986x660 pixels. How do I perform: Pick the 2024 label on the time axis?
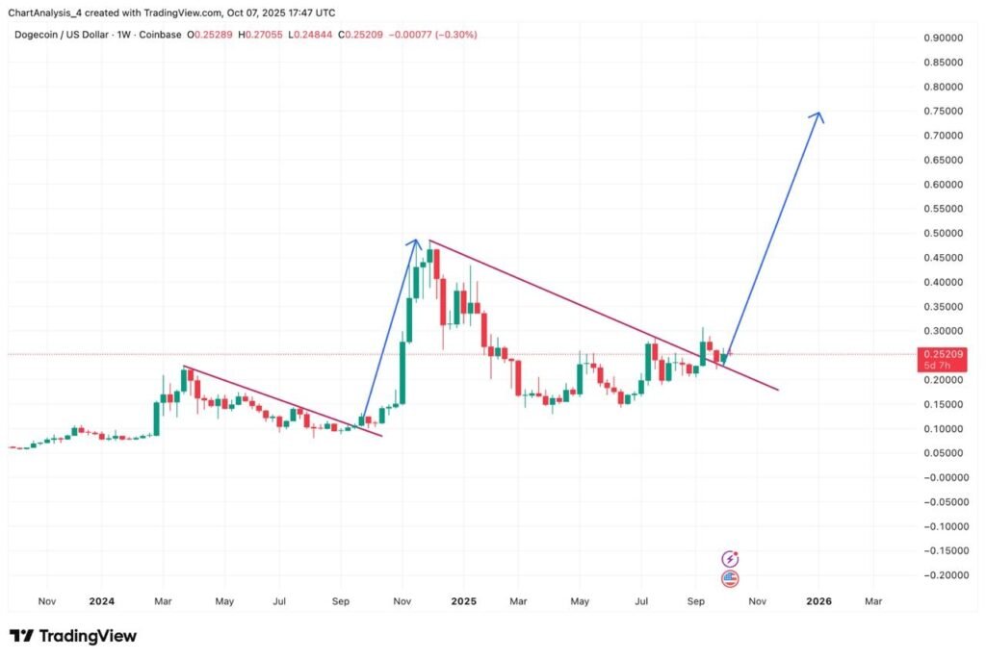click(101, 601)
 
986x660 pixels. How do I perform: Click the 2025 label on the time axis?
click(463, 601)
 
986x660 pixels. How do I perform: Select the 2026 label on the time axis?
click(818, 601)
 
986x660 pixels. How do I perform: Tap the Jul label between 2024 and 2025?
click(280, 601)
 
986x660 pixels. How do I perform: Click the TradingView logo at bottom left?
click(73, 636)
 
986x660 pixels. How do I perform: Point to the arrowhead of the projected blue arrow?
click(818, 114)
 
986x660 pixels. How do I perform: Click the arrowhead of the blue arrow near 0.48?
click(415, 241)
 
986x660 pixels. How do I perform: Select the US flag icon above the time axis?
click(730, 578)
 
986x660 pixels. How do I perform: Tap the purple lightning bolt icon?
click(730, 558)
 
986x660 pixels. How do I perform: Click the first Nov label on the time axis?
click(46, 601)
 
